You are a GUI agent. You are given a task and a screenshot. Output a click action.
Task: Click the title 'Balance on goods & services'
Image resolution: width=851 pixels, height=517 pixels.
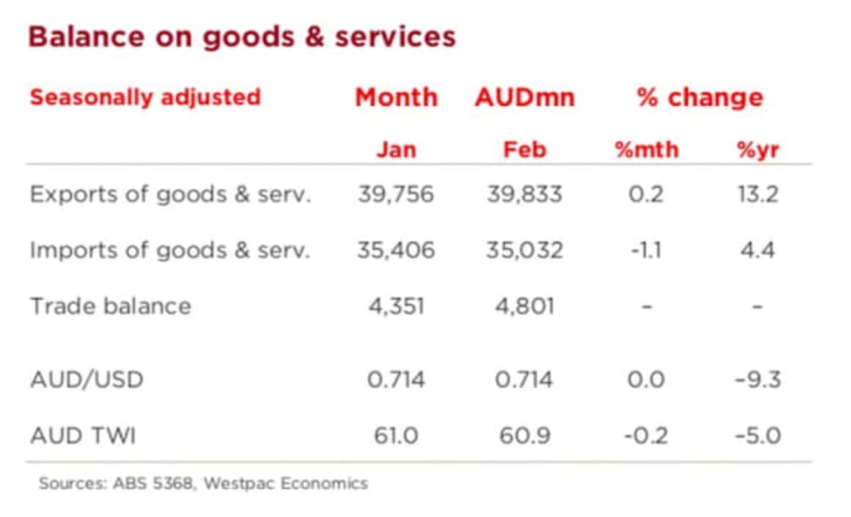coord(241,37)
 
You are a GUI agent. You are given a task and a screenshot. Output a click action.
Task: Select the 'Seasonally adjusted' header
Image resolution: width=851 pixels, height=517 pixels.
coord(145,97)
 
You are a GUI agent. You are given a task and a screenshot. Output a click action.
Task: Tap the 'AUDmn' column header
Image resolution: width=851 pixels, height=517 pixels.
coord(524,97)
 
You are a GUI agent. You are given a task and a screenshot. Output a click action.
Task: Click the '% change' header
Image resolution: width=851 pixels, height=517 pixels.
coord(699,97)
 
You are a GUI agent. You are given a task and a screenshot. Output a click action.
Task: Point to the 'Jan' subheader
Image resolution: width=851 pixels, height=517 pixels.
coord(396,150)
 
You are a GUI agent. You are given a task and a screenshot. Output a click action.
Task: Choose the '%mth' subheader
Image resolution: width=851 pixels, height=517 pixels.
coord(646,150)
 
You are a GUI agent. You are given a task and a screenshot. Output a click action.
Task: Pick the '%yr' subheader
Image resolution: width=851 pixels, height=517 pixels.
coord(758,150)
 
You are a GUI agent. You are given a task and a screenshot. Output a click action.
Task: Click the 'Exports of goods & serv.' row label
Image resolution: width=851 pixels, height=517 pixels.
coord(170,195)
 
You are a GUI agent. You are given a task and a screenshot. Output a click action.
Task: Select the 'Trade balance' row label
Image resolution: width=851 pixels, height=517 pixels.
coord(110,305)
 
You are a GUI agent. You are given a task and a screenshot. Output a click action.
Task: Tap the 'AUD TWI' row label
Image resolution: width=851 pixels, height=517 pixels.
coord(82,435)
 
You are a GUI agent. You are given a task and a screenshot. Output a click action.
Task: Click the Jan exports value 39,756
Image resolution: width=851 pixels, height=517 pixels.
coord(396,195)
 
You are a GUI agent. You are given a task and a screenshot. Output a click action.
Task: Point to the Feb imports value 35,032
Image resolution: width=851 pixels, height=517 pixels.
coord(524,250)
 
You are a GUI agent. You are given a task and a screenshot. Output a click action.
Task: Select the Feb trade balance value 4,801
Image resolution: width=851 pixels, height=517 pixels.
coord(524,305)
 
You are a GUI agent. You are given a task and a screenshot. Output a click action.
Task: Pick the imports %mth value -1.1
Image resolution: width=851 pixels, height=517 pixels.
coord(646,250)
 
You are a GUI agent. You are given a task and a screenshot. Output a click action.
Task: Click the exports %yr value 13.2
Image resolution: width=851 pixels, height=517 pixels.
coord(758,195)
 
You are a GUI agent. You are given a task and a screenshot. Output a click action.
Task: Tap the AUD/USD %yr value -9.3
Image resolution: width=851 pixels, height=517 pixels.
coord(758,380)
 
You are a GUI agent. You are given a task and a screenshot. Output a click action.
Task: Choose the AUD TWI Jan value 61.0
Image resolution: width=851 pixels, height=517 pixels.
coord(396,435)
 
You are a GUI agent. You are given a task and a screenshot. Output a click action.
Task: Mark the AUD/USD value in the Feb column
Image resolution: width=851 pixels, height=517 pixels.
coord(524,380)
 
